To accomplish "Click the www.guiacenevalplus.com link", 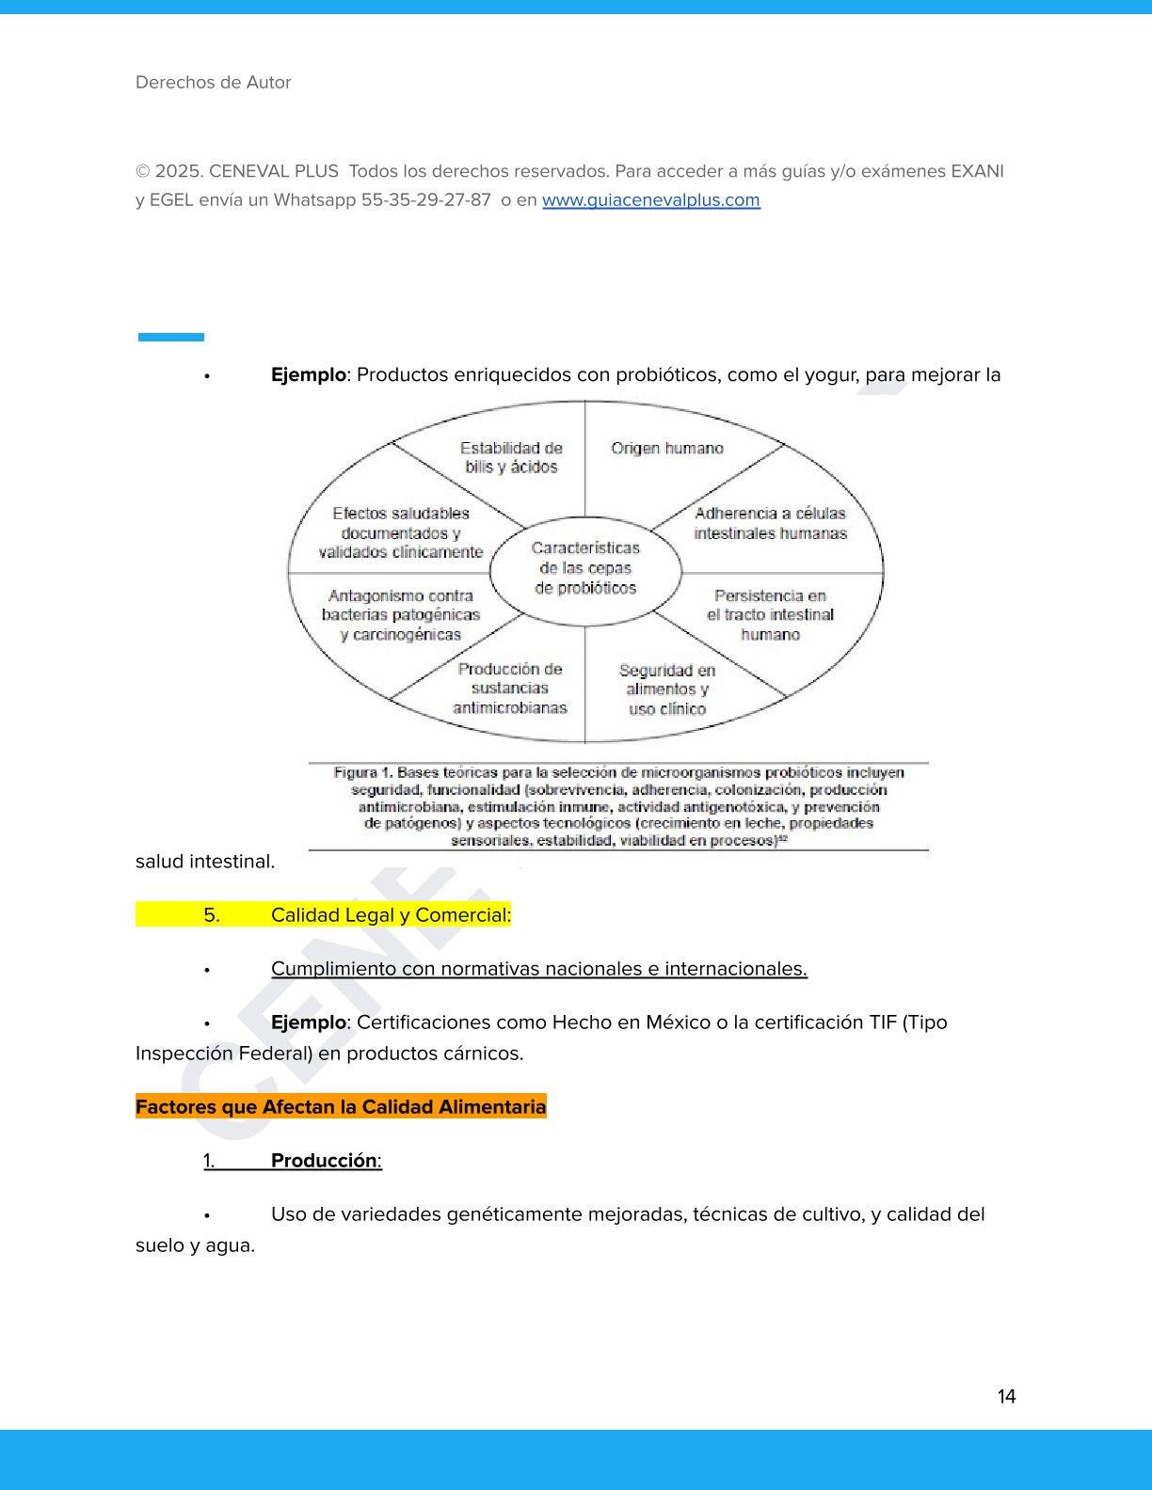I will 650,200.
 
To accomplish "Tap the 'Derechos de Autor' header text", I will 214,83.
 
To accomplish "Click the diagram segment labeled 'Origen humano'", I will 667,449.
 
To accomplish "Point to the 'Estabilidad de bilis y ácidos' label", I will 511,458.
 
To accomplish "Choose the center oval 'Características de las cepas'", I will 585,568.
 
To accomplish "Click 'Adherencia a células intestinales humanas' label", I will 770,524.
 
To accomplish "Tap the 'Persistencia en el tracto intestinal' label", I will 770,615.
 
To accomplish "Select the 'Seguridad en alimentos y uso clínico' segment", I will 667,690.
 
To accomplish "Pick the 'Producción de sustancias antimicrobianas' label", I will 510,689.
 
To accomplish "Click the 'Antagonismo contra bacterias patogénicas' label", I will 401,615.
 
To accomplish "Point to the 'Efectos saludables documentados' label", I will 401,533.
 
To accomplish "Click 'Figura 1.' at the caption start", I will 362,773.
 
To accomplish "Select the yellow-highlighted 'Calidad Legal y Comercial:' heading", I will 391,915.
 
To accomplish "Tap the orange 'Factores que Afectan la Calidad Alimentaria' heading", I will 341,1107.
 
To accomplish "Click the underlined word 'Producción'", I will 324,1161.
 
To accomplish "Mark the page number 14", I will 1006,1397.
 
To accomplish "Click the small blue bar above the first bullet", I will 171,337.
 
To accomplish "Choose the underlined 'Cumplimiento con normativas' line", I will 538,969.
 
